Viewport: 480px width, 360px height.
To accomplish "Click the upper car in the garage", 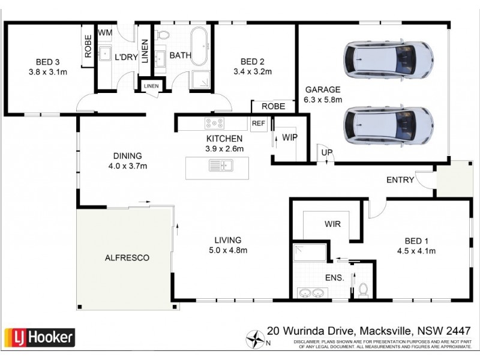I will click(x=388, y=58).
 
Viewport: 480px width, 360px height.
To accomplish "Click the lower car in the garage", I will click(x=388, y=124).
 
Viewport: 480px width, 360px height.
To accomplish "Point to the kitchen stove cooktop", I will click(x=214, y=124).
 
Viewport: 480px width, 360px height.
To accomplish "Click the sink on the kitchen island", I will click(x=221, y=166).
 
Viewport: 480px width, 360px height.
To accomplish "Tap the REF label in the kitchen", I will click(x=258, y=124).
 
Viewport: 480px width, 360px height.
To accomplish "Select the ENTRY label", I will click(x=400, y=179).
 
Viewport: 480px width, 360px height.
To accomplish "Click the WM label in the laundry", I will click(x=105, y=32).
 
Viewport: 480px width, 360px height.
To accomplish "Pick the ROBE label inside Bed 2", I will click(x=273, y=106).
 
